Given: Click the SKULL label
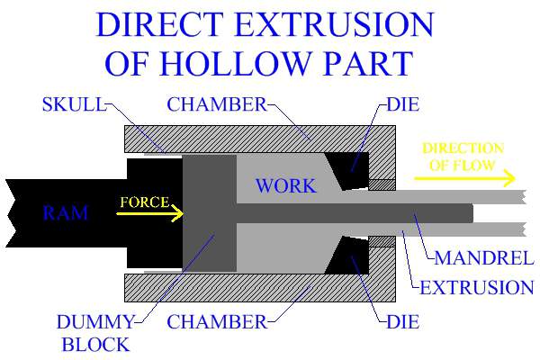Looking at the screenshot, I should point(73,105).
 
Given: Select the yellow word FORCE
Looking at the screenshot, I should point(144,202).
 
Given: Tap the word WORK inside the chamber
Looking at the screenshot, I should point(285,186).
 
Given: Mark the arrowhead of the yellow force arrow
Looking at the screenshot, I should point(179,213).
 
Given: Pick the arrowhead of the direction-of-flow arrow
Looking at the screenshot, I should point(510,176).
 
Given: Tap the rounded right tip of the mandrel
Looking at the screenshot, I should point(469,213).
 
